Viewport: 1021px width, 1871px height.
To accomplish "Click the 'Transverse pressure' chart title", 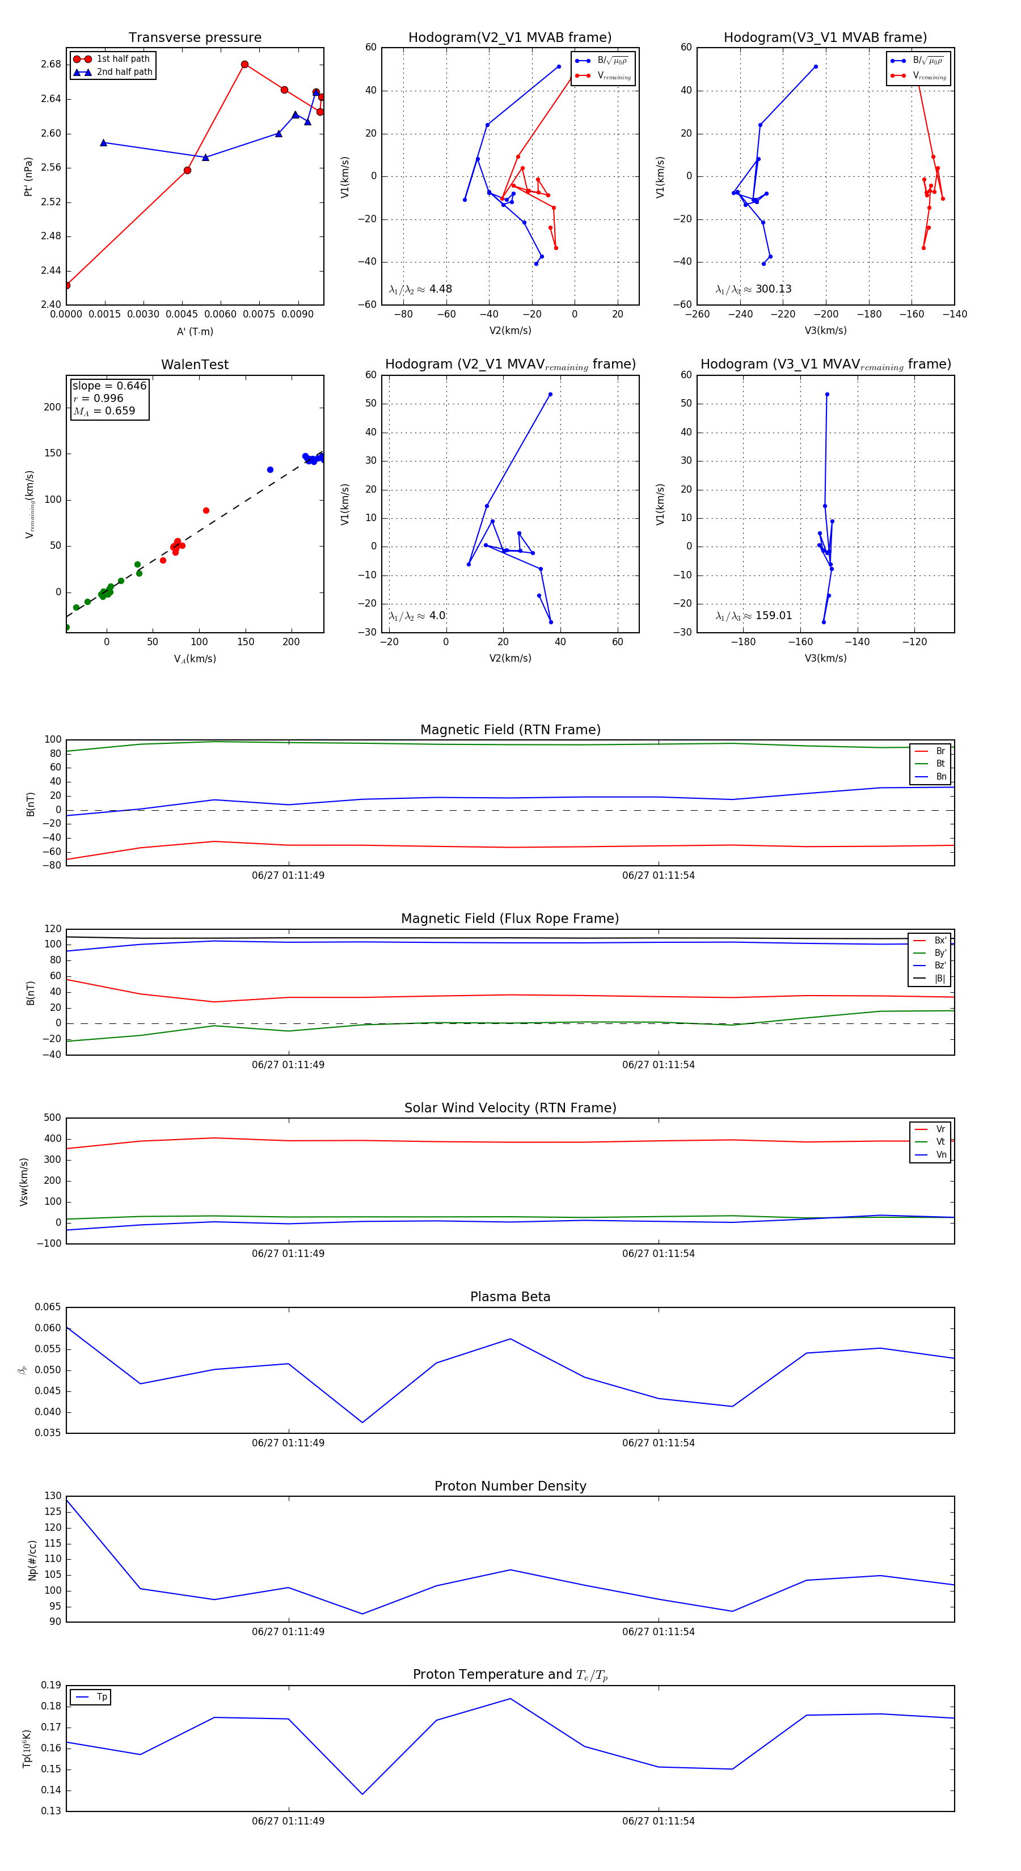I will point(195,38).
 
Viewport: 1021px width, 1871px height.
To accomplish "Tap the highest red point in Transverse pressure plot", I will point(245,65).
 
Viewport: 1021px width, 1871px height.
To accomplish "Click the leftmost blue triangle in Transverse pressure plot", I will point(103,143).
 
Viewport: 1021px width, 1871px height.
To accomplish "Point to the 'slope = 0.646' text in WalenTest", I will point(109,386).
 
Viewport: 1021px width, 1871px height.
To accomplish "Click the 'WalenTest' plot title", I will point(195,365).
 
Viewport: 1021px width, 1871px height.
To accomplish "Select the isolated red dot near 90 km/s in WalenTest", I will point(206,511).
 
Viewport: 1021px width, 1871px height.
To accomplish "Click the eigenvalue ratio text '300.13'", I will point(773,289).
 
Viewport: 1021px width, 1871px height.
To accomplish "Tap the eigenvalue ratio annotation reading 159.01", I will point(773,616).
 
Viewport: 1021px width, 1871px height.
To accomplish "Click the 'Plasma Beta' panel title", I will point(510,1297).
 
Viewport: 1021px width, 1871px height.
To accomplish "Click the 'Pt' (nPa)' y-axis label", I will point(28,176).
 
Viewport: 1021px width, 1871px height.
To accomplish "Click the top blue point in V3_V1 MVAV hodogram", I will point(827,395).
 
